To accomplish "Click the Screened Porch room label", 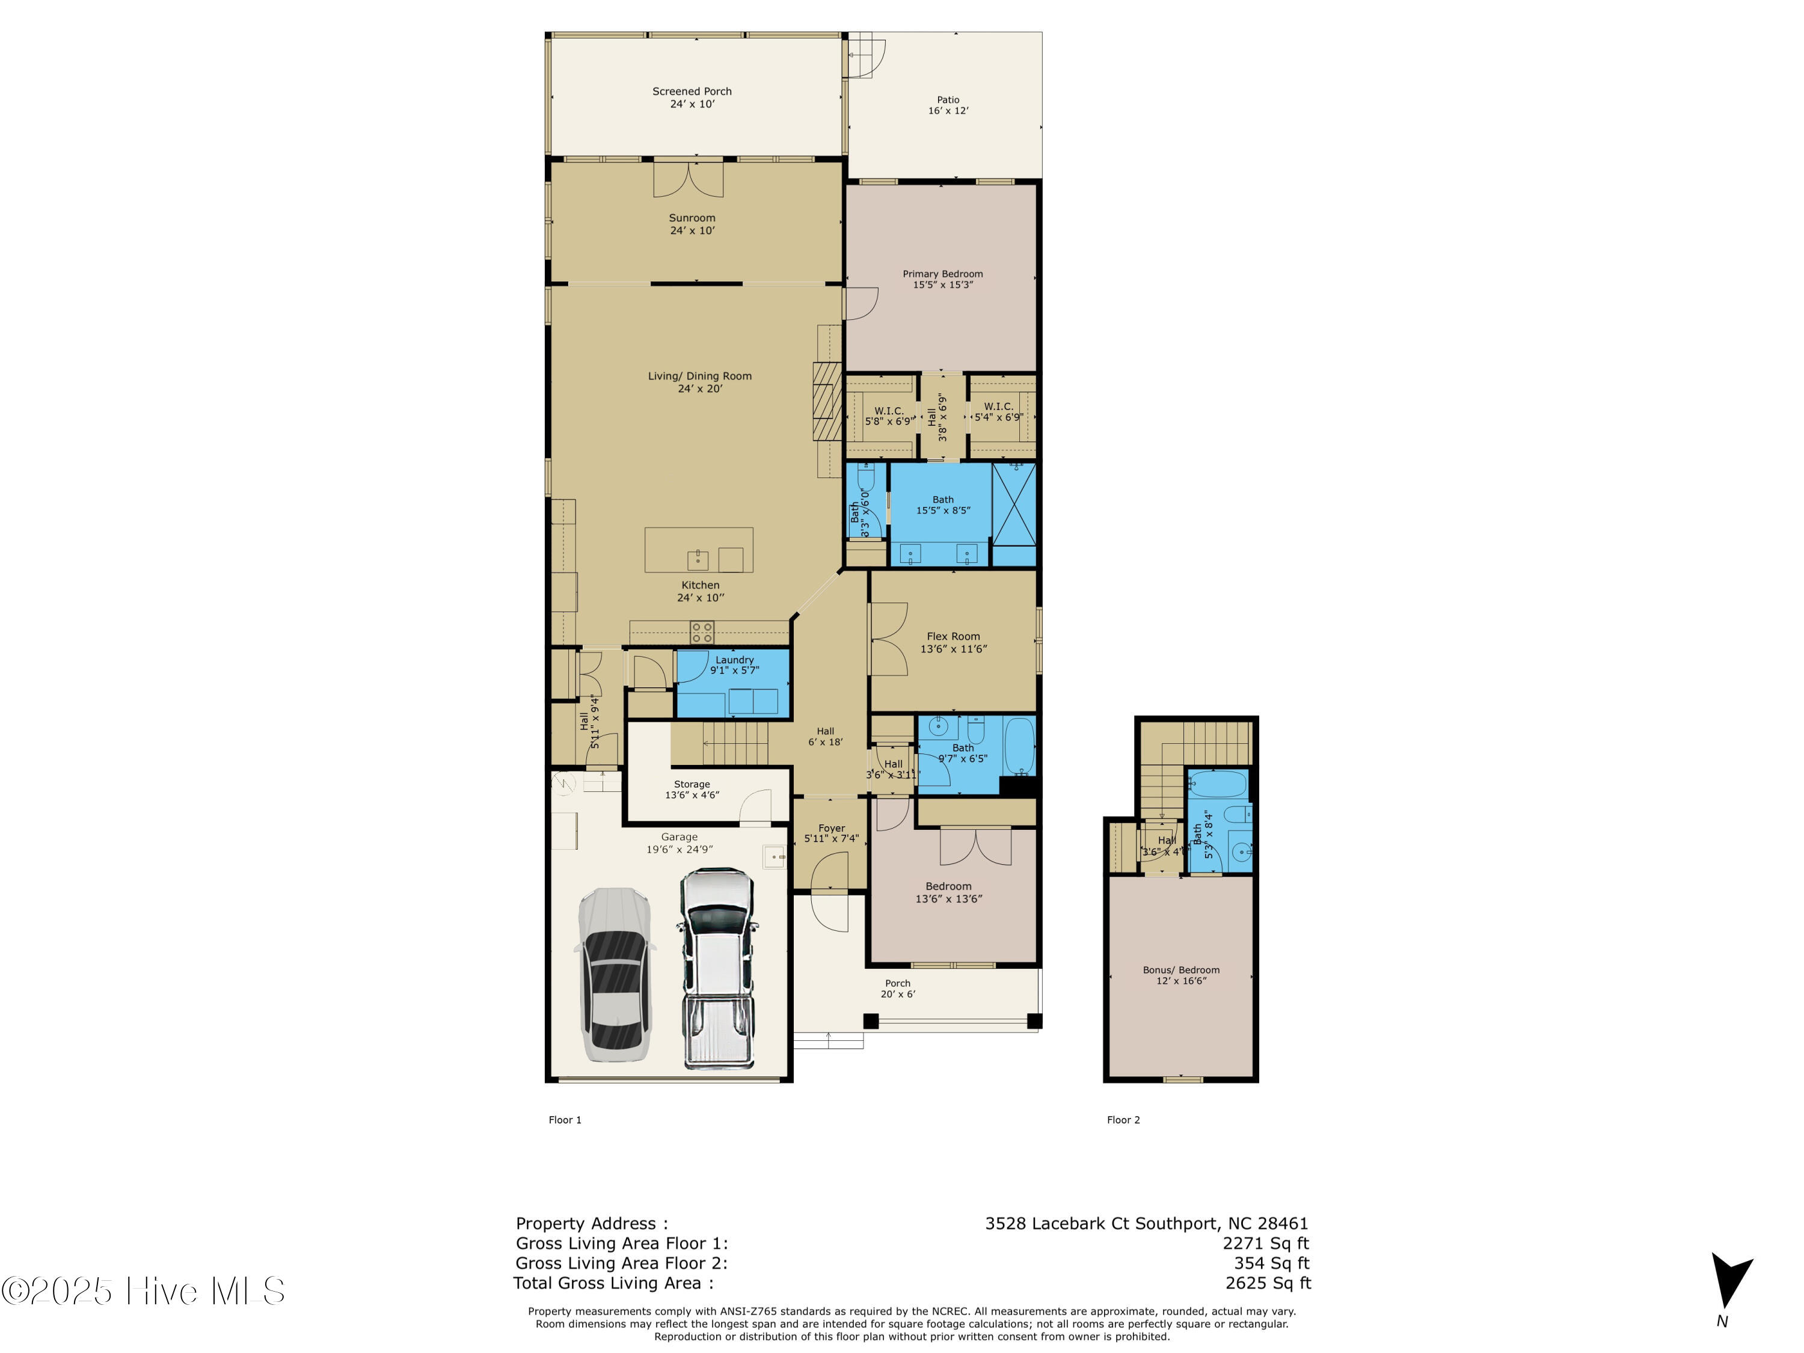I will (x=692, y=97).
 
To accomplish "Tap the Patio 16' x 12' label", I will (x=948, y=105).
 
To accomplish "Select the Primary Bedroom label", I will (x=942, y=279).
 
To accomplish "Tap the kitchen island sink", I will (x=698, y=559).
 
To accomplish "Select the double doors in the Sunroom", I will (x=689, y=180).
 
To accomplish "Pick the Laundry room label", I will (x=734, y=664).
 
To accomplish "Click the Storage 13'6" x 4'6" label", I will (x=692, y=790).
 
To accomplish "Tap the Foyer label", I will (x=831, y=833).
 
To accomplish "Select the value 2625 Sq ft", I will (x=1268, y=1283).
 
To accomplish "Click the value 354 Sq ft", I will (x=1271, y=1262).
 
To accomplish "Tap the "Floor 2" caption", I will (x=1123, y=1120).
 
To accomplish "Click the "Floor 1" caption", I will (x=565, y=1120).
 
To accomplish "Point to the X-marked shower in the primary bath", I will (x=1014, y=504).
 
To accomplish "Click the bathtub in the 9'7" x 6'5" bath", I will (x=1019, y=746).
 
